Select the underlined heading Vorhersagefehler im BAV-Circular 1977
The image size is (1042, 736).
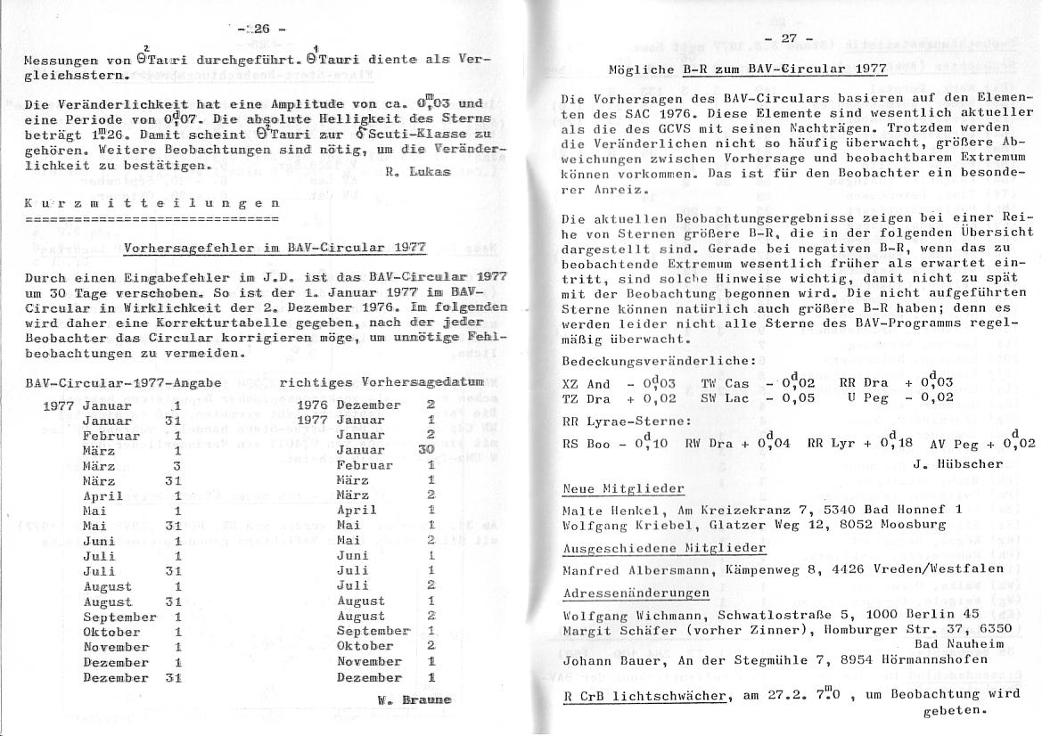coord(275,248)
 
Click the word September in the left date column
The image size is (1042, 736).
coord(119,617)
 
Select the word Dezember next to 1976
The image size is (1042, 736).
coord(368,404)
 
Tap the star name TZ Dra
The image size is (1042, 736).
coord(586,398)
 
